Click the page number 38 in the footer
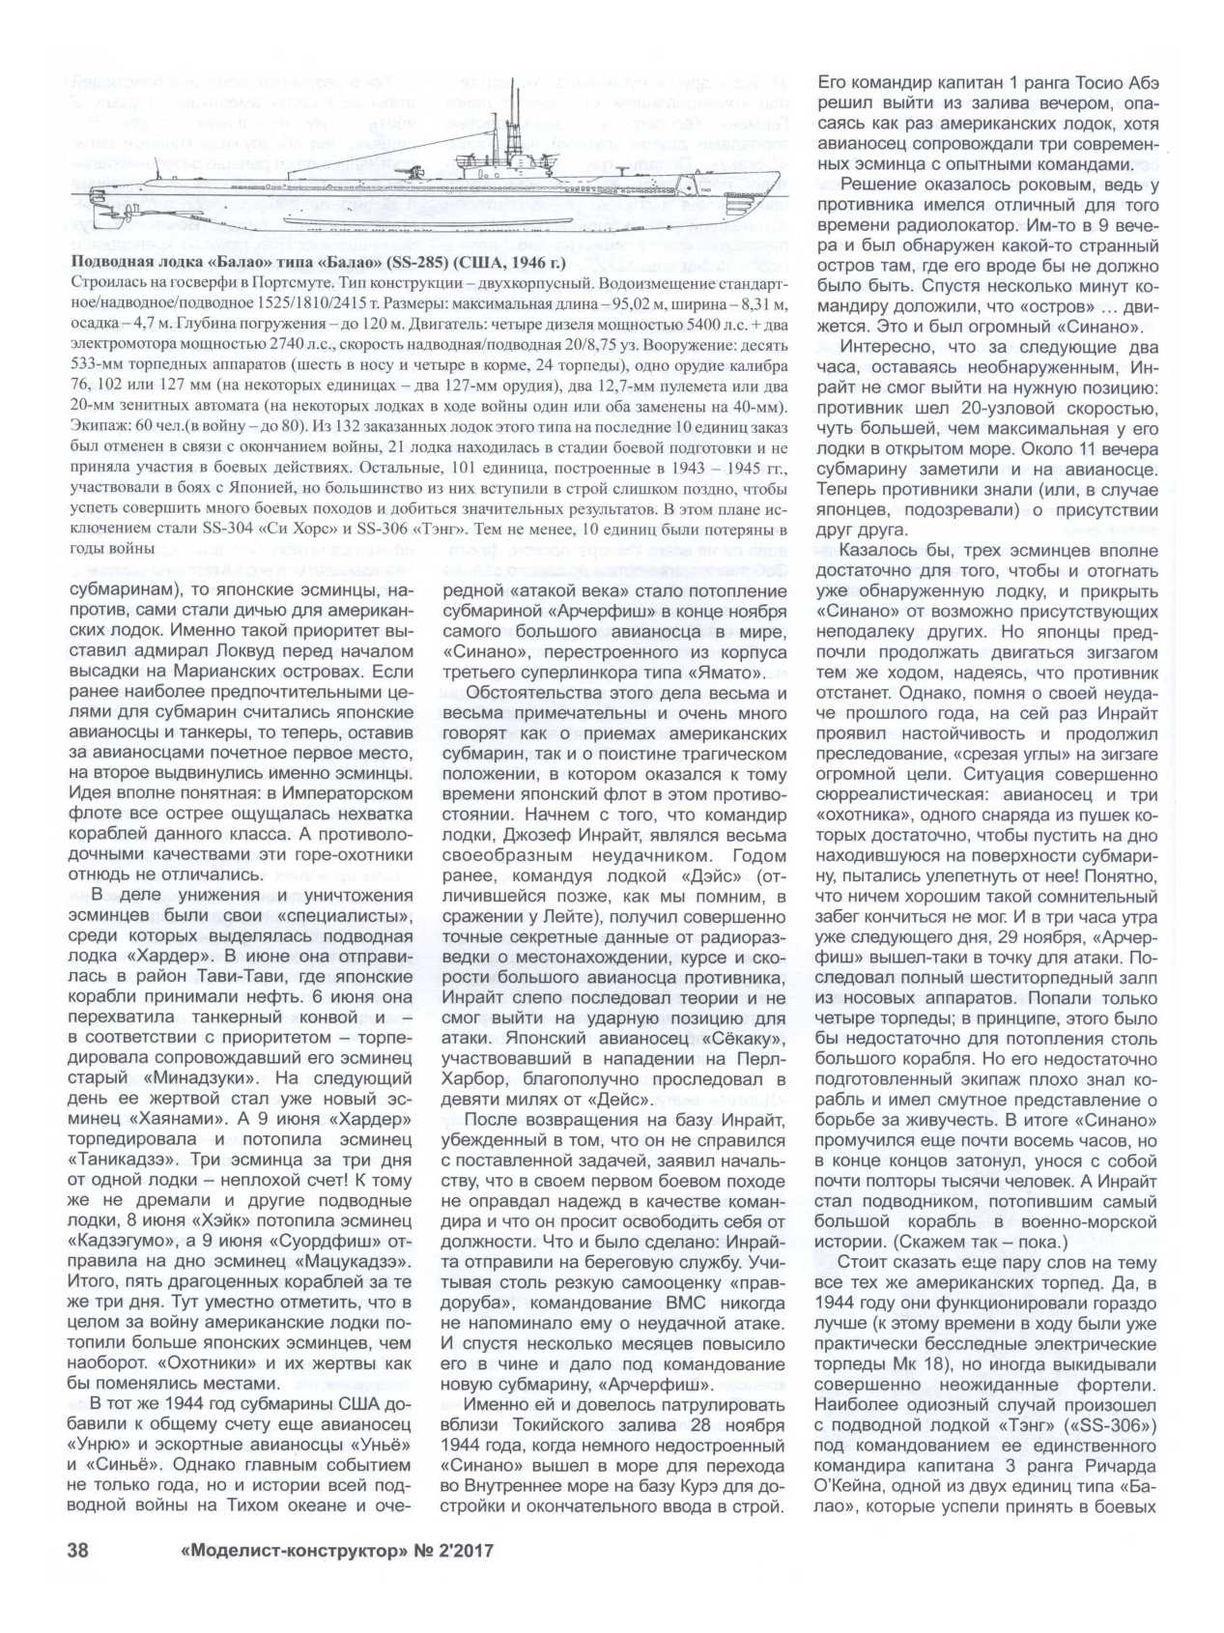pyautogui.click(x=76, y=1579)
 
